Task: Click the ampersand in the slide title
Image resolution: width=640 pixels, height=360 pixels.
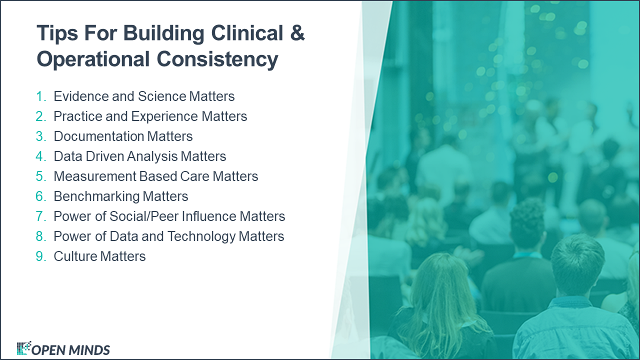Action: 297,33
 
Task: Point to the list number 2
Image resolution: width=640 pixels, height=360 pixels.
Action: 40,116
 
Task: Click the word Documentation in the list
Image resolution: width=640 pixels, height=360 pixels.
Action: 98,136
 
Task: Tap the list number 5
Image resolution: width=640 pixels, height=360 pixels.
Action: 40,176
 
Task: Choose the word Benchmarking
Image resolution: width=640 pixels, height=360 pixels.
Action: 97,196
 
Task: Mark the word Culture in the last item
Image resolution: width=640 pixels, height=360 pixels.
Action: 75,256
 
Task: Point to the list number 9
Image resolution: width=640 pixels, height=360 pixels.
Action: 40,256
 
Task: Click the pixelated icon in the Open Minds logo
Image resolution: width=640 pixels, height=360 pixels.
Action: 23,348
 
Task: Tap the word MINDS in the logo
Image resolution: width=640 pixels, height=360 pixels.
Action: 89,350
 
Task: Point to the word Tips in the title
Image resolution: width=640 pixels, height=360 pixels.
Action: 55,33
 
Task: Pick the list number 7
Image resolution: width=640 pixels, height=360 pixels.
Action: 40,216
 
